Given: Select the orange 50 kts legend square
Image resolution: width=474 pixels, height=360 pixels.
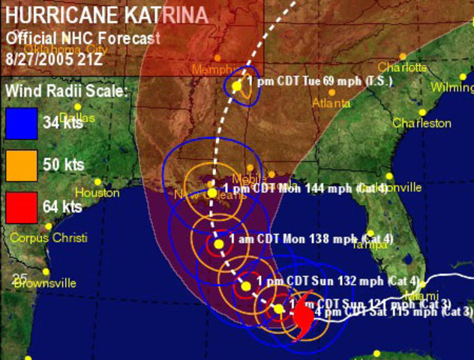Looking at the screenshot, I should click(x=21, y=164).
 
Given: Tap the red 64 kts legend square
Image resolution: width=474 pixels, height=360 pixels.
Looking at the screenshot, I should click(x=21, y=206).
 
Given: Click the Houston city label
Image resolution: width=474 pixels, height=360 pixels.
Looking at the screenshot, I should click(x=97, y=193).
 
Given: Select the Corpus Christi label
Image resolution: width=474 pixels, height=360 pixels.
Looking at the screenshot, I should click(x=49, y=238).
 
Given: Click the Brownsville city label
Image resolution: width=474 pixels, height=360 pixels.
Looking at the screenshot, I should click(x=45, y=283).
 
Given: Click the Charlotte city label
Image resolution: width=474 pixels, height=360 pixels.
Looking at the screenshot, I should click(x=402, y=67).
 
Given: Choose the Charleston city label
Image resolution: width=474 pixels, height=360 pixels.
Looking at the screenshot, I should click(x=422, y=122).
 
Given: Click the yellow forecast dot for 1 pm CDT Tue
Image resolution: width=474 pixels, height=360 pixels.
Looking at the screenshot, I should click(x=237, y=87).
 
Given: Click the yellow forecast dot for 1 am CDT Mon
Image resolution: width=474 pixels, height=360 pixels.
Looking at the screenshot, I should click(x=218, y=244).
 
